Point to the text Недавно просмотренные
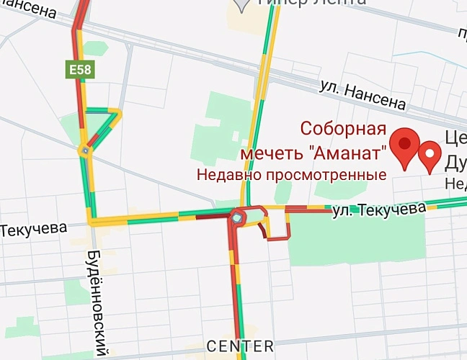pos(292,174)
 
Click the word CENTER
pos(240,346)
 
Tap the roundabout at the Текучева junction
pos(238,216)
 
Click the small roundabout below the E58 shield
pos(86,150)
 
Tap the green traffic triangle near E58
pos(102,122)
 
